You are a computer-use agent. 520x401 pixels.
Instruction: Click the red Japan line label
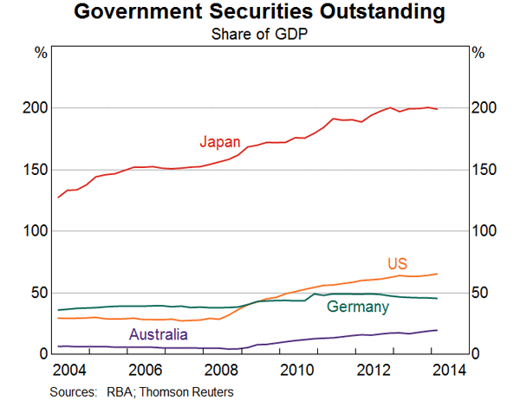tap(220, 141)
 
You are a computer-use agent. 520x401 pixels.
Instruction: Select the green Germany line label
tap(358, 307)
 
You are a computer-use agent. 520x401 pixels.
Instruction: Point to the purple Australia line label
tap(159, 334)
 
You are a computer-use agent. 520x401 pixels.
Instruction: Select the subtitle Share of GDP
tap(259, 35)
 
